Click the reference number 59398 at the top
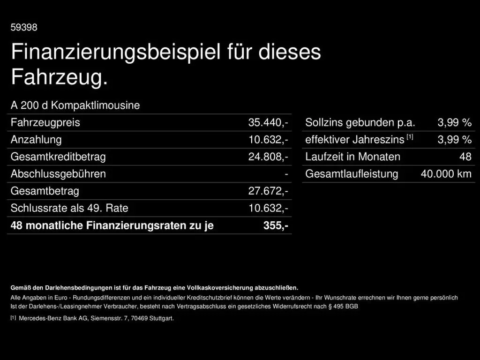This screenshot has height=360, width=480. tap(24, 28)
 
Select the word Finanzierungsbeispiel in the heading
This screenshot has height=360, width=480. tap(115, 52)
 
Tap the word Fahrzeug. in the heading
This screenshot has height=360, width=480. tap(59, 77)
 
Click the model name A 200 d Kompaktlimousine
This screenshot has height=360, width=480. tap(75, 105)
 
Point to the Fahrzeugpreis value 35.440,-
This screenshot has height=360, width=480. tap(268, 123)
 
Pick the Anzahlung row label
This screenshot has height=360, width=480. tap(36, 140)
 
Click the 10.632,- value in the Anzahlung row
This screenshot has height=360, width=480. tap(268, 140)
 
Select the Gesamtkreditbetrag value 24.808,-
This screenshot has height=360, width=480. tap(268, 157)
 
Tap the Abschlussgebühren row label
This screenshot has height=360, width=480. tap(58, 174)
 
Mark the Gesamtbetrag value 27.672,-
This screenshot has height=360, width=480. tap(268, 191)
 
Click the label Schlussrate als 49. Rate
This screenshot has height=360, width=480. tap(69, 208)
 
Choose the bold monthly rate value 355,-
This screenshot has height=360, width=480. tap(276, 225)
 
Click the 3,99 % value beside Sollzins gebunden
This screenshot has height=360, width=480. tap(454, 123)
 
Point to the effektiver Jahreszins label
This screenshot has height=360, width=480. tap(354, 140)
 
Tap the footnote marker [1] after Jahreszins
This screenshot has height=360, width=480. tap(410, 137)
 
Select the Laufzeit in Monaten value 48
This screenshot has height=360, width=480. tap(465, 157)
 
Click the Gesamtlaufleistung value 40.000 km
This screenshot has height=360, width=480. tap(446, 174)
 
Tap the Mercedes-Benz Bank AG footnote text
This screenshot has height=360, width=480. tap(96, 319)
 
